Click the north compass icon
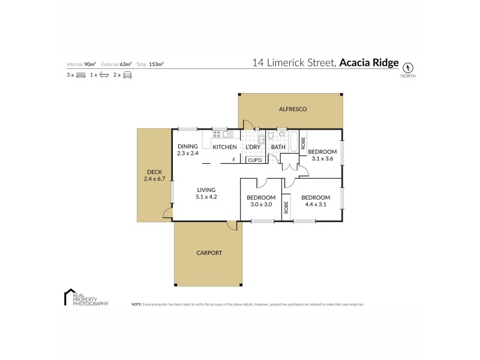pos(408,67)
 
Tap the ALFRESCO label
pos(293,109)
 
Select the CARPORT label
pos(209,253)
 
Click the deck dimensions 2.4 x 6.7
pos(154,179)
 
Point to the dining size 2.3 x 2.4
pos(187,154)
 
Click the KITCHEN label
pos(225,147)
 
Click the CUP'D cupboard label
pos(254,160)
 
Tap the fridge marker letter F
pos(234,160)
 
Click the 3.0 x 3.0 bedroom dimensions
pos(261,204)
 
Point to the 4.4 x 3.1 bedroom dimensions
pos(315,204)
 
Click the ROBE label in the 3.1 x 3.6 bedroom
pos(304,143)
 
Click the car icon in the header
pos(127,75)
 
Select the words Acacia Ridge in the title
pos(368,62)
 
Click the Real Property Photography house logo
pos(68,296)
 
